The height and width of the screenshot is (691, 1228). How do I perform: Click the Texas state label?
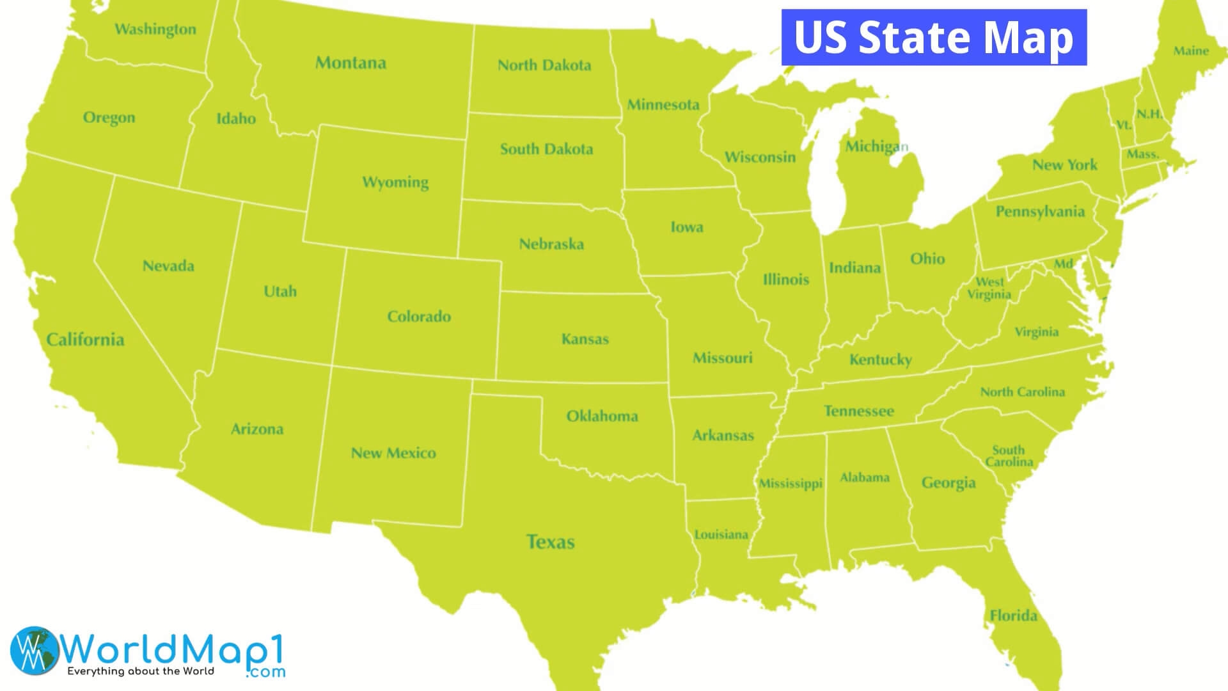point(550,542)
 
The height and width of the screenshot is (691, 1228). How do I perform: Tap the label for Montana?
point(350,63)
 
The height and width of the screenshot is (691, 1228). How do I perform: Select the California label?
point(85,339)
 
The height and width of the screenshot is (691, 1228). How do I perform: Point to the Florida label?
point(1013,616)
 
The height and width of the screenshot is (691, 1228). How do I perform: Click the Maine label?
point(1191,51)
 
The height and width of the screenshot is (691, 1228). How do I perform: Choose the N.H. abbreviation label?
point(1149,114)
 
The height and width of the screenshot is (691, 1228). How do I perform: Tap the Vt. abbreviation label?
point(1124,125)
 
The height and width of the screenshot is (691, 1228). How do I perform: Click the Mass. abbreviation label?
point(1143,154)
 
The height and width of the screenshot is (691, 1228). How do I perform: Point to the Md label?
point(1064,264)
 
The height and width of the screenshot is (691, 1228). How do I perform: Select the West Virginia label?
point(989,288)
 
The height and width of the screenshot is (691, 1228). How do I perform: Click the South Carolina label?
point(1009,456)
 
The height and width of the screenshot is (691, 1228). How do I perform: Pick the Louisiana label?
point(721,534)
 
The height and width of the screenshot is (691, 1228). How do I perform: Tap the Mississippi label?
point(791,483)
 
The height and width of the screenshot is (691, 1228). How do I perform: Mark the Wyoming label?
point(395,182)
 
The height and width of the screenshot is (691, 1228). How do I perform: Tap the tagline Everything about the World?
point(141,671)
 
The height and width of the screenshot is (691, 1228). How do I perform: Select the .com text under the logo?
point(265,672)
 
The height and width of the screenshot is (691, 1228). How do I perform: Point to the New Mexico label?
point(393,453)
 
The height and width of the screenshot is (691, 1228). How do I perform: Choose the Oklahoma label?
point(602,416)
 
